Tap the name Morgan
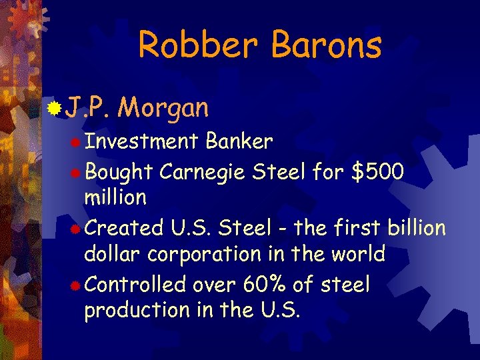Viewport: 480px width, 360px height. tap(166, 107)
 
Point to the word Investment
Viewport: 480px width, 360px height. tap(141, 141)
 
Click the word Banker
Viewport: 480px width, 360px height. tap(239, 141)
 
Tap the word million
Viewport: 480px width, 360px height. tap(115, 197)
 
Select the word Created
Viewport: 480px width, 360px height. tap(125, 228)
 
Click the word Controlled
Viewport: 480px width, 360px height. tap(135, 285)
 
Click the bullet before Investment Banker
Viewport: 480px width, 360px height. tap(77, 142)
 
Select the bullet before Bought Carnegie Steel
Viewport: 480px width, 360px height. tap(77, 172)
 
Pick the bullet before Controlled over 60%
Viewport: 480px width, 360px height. tap(77, 285)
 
